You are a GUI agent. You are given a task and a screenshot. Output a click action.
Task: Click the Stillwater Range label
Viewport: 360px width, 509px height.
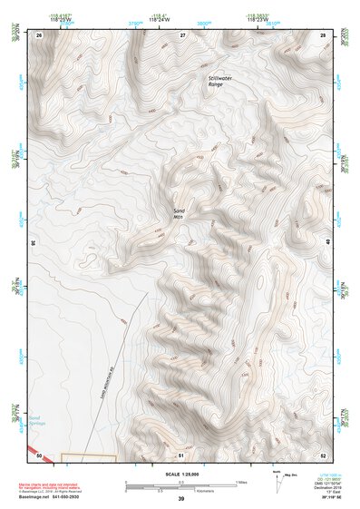point(222,83)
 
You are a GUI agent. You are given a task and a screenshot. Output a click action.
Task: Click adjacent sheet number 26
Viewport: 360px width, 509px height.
point(39,34)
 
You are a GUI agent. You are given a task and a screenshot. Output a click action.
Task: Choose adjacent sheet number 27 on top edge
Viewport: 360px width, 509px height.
point(182,34)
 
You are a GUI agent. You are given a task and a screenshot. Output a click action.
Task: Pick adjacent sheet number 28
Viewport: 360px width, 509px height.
point(323,34)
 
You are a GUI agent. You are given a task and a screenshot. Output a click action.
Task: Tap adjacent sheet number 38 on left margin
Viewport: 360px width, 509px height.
point(34,242)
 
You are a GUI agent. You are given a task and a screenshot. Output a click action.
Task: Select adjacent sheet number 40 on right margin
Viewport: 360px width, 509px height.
point(327,242)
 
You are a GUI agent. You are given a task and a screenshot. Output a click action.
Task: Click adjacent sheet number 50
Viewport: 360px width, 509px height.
point(39,453)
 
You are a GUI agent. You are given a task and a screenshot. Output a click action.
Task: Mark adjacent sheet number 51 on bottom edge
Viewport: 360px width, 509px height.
point(181,453)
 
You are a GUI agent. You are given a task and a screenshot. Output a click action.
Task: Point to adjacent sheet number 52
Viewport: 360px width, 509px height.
point(323,453)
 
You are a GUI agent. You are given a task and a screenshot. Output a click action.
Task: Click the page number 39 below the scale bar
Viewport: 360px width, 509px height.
point(181,499)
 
